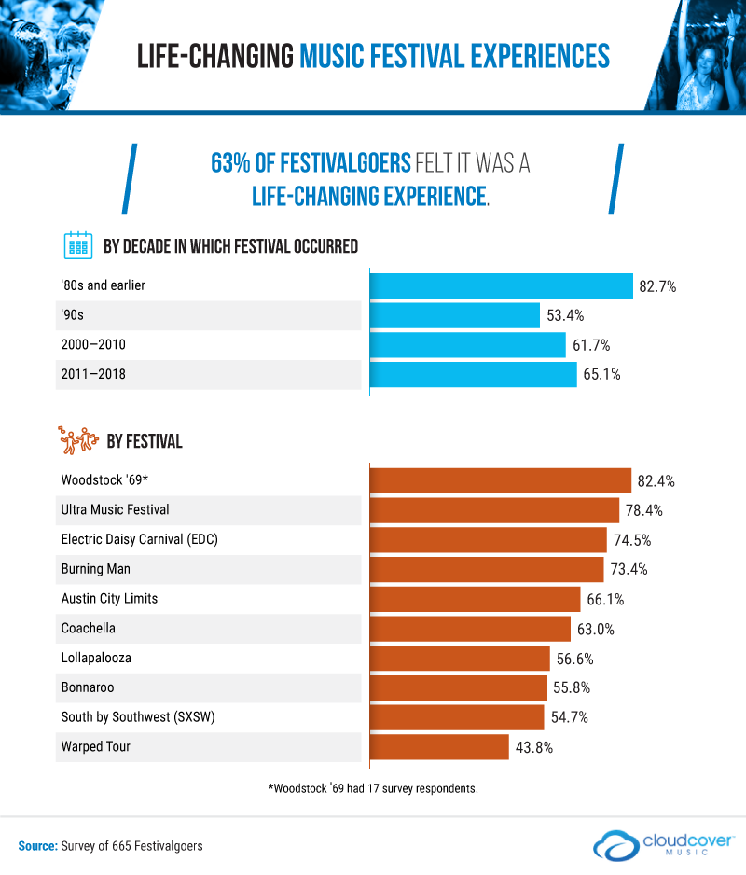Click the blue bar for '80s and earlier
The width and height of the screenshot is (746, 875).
pos(502,285)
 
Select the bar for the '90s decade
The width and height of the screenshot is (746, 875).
pos(455,315)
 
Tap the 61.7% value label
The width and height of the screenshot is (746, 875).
pos(592,345)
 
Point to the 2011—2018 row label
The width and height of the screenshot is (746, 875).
pos(93,374)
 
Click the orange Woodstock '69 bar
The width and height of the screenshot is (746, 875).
pos(501,480)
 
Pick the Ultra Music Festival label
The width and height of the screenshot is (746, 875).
pos(116,510)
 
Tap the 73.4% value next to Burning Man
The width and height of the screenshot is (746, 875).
pos(629,569)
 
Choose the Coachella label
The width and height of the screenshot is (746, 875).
pos(89,629)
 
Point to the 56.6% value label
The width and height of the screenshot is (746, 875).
pos(574,659)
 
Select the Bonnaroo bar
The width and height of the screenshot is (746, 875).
pos(459,687)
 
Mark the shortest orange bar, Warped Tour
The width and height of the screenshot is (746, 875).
pos(440,747)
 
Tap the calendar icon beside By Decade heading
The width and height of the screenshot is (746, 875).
pos(77,246)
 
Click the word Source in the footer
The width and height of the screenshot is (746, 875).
pos(37,846)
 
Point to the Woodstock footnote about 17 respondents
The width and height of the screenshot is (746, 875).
pos(373,788)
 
